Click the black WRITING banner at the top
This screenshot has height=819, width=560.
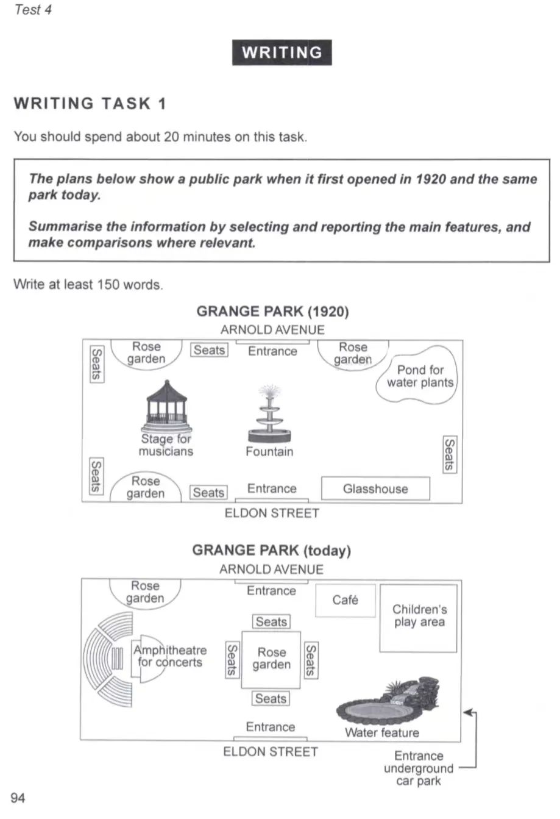282,52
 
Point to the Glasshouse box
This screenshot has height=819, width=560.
375,488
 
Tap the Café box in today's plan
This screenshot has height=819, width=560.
345,601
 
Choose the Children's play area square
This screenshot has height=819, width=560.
418,618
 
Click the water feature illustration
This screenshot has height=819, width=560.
390,701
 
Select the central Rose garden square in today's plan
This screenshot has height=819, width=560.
271,659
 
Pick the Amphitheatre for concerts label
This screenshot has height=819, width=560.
171,656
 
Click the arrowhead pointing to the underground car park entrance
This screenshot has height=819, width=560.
467,712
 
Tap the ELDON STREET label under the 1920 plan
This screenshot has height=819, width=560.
272,513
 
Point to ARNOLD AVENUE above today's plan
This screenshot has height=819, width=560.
271,569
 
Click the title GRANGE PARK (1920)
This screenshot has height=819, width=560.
272,312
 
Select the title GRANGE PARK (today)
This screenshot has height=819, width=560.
272,550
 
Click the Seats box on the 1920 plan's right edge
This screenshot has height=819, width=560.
448,454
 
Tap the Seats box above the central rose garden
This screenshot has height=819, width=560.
271,621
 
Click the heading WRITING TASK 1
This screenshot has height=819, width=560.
90,104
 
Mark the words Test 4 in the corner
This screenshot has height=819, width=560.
32,10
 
